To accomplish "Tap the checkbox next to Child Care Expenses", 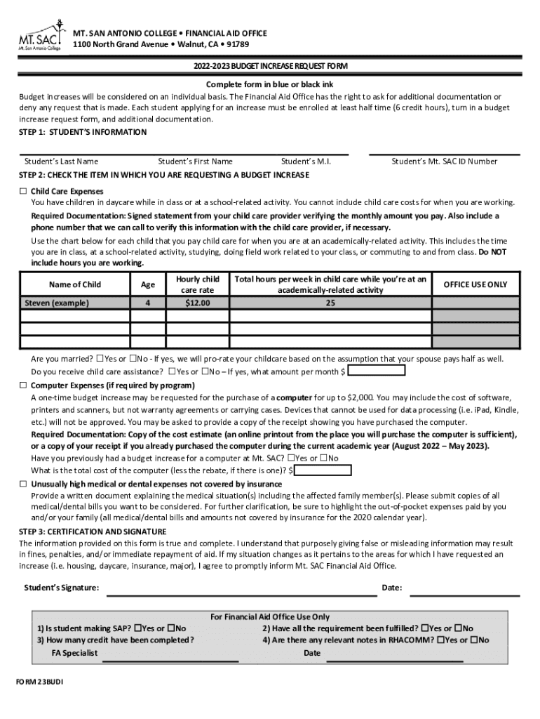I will tap(22, 191).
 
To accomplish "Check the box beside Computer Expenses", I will tap(22, 385).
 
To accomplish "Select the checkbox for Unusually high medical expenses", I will tap(22, 484).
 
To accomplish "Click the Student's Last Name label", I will tap(61, 161).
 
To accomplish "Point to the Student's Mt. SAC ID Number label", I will tap(444, 161).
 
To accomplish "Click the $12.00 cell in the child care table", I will tap(197, 303).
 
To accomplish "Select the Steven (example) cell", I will tap(57, 303).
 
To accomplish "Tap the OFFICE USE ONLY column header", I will tap(475, 284).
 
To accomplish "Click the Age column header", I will tap(147, 284).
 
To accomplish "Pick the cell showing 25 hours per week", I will tap(330, 303).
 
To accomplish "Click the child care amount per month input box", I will tap(376, 371).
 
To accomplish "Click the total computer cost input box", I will tap(323, 470).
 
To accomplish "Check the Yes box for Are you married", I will tap(100, 358).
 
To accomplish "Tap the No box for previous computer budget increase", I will tap(323, 458).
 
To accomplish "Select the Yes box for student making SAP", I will tap(137, 628).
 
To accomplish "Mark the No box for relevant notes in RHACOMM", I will tap(475, 640).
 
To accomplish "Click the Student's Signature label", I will tap(61, 588).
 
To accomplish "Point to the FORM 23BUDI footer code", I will tap(40, 682).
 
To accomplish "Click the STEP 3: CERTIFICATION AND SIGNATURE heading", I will tap(93, 532).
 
